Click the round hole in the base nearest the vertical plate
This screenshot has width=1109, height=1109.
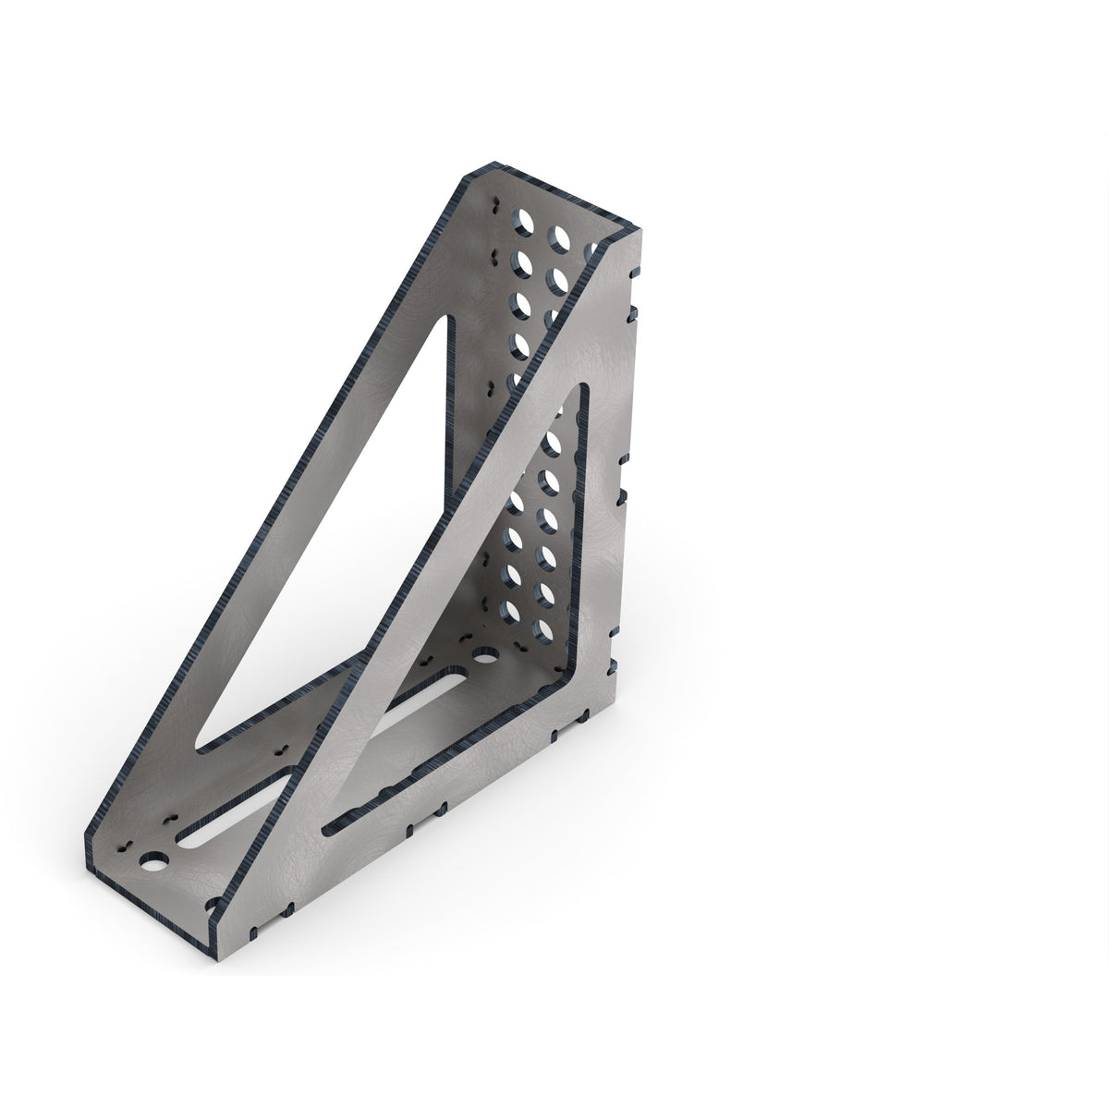(x=481, y=656)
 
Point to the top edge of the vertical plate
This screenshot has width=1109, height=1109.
(x=554, y=199)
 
